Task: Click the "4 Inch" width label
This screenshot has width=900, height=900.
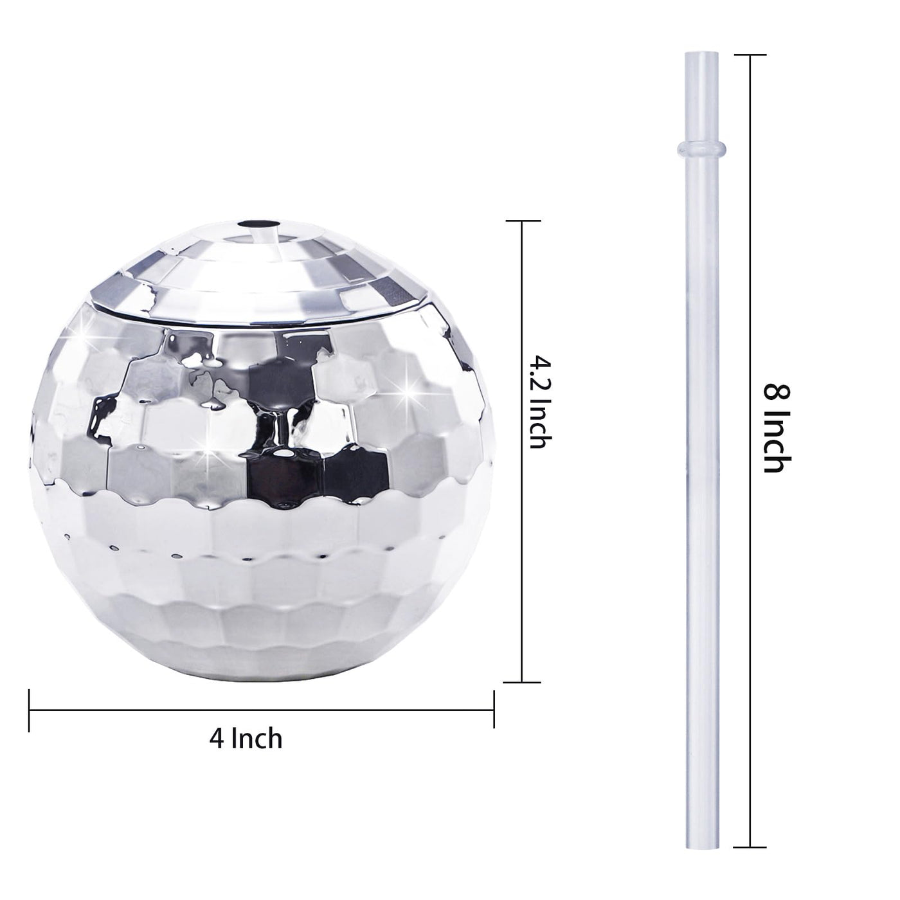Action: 246,739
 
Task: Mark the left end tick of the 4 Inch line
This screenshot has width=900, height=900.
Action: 30,710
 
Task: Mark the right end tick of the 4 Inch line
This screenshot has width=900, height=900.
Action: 494,710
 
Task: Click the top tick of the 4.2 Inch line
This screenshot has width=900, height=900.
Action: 522,221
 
